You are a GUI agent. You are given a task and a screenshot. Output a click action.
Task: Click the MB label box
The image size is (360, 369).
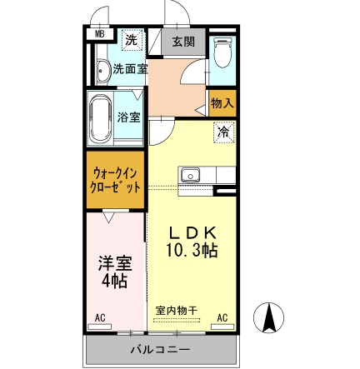100,33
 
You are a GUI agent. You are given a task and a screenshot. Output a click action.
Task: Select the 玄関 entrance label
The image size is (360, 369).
182,42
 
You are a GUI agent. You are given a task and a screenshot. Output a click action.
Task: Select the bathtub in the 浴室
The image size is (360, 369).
99,122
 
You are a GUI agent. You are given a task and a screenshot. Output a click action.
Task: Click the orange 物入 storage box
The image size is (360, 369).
222,102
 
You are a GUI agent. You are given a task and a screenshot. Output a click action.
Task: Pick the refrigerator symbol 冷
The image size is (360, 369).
223,132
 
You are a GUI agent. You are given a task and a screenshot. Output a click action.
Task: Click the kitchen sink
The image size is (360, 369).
191,176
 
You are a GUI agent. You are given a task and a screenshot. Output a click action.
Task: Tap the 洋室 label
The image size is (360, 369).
115,267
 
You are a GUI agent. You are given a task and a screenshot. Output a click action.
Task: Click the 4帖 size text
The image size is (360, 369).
115,285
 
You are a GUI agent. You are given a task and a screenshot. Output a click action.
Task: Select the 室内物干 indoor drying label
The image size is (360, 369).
177,309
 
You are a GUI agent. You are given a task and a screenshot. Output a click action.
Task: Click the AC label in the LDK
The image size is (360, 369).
222,319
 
